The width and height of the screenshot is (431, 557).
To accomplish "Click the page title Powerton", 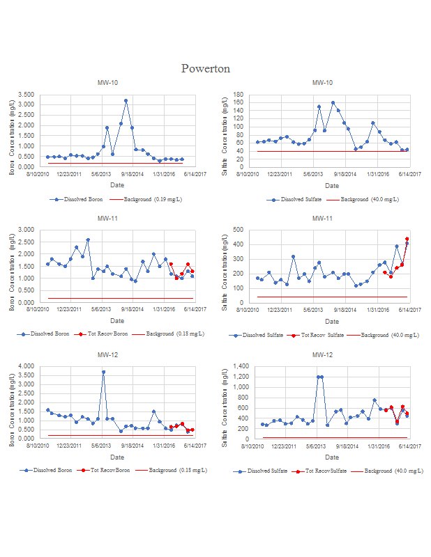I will [x=205, y=68].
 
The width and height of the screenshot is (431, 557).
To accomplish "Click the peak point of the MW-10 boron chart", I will [x=126, y=100].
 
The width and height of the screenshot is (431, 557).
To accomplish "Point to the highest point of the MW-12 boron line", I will [x=103, y=372].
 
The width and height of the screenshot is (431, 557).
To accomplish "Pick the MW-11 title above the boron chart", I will [x=107, y=219].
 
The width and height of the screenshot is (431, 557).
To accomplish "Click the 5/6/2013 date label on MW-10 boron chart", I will [x=103, y=174].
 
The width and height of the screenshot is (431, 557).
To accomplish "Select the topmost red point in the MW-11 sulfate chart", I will [x=407, y=239].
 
